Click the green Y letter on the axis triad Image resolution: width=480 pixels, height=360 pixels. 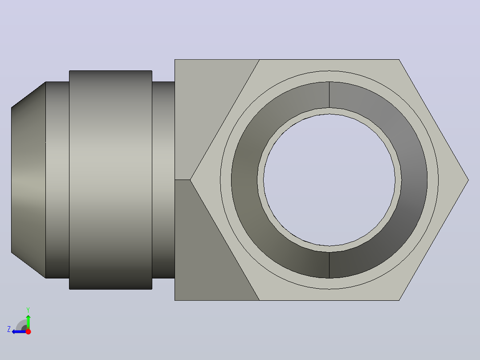[28, 310]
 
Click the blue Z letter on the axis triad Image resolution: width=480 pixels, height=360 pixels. [9, 329]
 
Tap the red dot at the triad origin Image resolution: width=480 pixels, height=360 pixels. [28, 331]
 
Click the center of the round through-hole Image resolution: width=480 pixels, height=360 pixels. [329, 180]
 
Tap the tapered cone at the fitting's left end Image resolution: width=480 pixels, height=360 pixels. [28, 180]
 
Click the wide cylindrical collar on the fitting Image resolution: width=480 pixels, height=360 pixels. [110, 180]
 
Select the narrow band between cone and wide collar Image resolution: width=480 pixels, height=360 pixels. [57, 180]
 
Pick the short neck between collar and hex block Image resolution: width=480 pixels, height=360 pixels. [163, 180]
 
